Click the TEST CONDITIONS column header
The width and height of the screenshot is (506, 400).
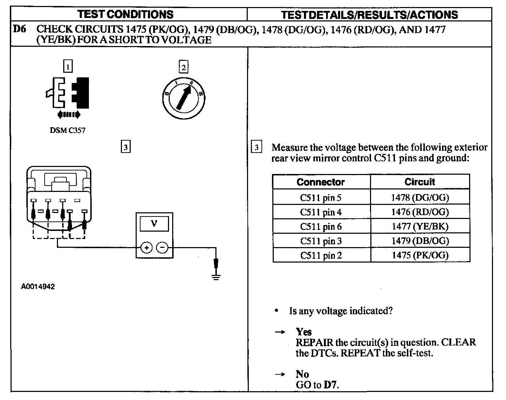tap(125, 14)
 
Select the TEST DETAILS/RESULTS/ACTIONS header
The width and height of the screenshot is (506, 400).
tap(369, 15)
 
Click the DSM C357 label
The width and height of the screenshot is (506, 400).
tap(67, 130)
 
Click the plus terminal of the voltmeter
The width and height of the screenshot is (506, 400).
tap(146, 248)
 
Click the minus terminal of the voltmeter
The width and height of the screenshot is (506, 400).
tap(162, 248)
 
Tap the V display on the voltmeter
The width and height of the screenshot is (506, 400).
tap(154, 224)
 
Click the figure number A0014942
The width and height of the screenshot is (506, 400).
tap(38, 287)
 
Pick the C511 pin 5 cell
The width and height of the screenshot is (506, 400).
tap(320, 198)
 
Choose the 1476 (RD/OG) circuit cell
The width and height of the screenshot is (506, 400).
tap(420, 212)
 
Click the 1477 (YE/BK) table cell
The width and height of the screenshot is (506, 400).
tap(420, 226)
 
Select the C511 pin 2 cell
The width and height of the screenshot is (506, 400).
tap(320, 255)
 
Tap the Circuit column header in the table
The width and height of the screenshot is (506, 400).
tap(420, 182)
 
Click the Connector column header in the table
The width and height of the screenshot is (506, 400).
tap(320, 182)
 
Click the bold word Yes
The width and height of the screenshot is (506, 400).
tap(304, 332)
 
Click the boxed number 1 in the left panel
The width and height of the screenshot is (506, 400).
tap(68, 66)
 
